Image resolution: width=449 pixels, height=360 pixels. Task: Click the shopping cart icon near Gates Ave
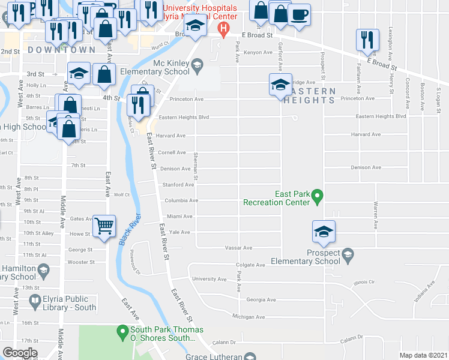[x=104, y=226]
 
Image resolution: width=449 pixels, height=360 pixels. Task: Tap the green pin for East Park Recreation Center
[x=319, y=195]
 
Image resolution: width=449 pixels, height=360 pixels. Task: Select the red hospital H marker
[x=223, y=28]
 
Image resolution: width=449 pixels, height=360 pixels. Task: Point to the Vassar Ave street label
[x=238, y=247]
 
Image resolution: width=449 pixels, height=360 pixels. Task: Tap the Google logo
[x=20, y=353]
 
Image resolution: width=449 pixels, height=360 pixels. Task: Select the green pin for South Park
[x=122, y=331]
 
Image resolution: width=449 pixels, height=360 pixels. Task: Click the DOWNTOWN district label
[x=62, y=50]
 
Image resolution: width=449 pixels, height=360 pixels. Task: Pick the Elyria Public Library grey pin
[x=35, y=299]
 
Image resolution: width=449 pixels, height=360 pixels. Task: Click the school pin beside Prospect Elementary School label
[x=347, y=256]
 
